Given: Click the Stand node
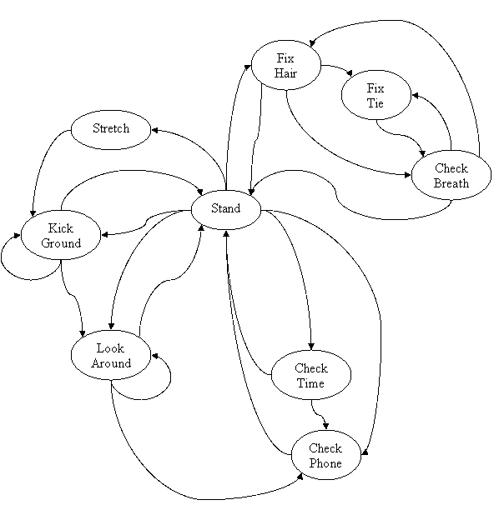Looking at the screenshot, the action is (226, 210).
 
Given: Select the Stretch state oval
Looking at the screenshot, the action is (111, 130).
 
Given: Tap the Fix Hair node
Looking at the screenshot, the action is (286, 65).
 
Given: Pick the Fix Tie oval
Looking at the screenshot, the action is (376, 95).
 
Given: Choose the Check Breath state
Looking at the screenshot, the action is (451, 175).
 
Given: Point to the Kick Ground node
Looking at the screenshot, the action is (61, 235).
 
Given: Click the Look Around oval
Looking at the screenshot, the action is (111, 355).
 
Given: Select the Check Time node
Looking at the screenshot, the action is (311, 375).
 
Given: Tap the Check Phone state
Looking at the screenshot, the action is (326, 455).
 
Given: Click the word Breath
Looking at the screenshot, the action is (451, 183).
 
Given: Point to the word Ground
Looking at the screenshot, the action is (61, 243).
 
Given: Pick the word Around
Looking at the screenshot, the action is (111, 363).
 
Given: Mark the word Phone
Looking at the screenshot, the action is (325, 462).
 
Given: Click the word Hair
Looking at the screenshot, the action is (285, 73).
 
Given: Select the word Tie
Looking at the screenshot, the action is (376, 103).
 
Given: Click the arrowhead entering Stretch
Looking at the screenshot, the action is (154, 130).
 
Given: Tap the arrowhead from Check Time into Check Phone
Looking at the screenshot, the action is (325, 426).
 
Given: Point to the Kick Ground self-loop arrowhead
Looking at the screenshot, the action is (17, 235).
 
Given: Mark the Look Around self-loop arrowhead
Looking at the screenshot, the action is (154, 356).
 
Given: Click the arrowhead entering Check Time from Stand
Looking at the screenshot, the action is (311, 346).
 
